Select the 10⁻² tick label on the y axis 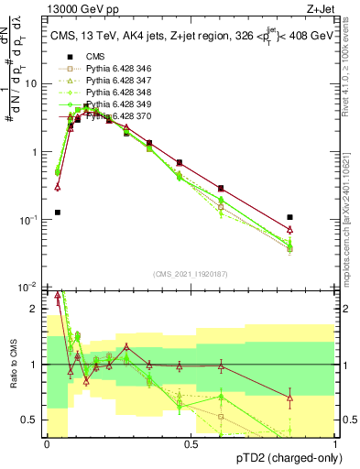click(x=30, y=288)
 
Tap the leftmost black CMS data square click(x=57, y=212)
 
